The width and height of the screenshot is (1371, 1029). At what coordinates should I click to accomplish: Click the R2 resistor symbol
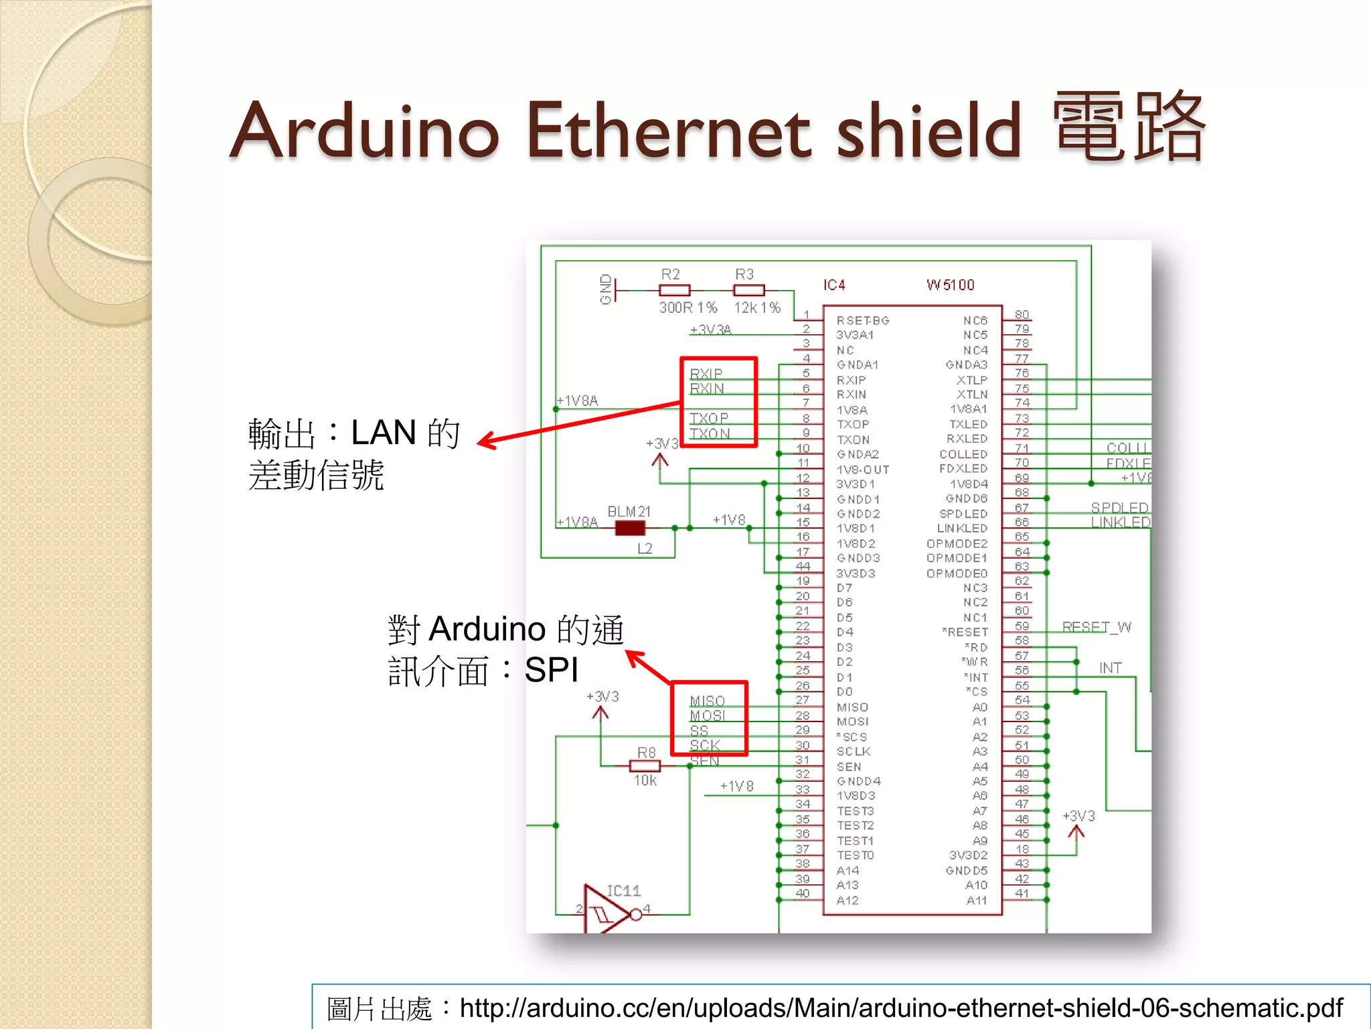[x=674, y=291]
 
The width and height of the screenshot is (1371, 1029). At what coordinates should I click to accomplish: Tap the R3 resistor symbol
[x=748, y=291]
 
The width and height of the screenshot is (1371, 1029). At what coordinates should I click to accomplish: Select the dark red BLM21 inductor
[x=629, y=529]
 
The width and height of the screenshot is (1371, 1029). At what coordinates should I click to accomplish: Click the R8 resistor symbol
[x=645, y=766]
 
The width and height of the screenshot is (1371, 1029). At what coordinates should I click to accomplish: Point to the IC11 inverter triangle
[x=605, y=911]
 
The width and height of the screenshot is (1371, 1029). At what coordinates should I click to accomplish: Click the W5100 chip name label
[x=950, y=285]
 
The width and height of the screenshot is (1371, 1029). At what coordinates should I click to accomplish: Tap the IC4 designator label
[x=834, y=285]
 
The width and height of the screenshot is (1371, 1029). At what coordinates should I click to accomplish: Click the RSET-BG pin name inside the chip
[x=862, y=321]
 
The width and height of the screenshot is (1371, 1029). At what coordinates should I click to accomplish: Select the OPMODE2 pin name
[x=957, y=543]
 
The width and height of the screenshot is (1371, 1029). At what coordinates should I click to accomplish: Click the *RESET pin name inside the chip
[x=965, y=632]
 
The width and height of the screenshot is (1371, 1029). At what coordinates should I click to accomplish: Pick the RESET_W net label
[x=1097, y=627]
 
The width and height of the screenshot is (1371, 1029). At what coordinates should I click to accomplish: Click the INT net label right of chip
[x=1110, y=668]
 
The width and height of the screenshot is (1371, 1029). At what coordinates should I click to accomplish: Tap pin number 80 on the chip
[x=1022, y=314]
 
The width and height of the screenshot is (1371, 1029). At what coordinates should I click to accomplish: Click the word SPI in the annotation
[x=551, y=669]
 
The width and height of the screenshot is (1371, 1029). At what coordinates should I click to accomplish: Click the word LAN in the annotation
[x=384, y=432]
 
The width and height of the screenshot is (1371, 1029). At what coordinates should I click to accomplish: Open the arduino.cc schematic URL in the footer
[x=901, y=1008]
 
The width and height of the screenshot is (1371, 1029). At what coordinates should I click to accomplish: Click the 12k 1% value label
[x=757, y=307]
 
